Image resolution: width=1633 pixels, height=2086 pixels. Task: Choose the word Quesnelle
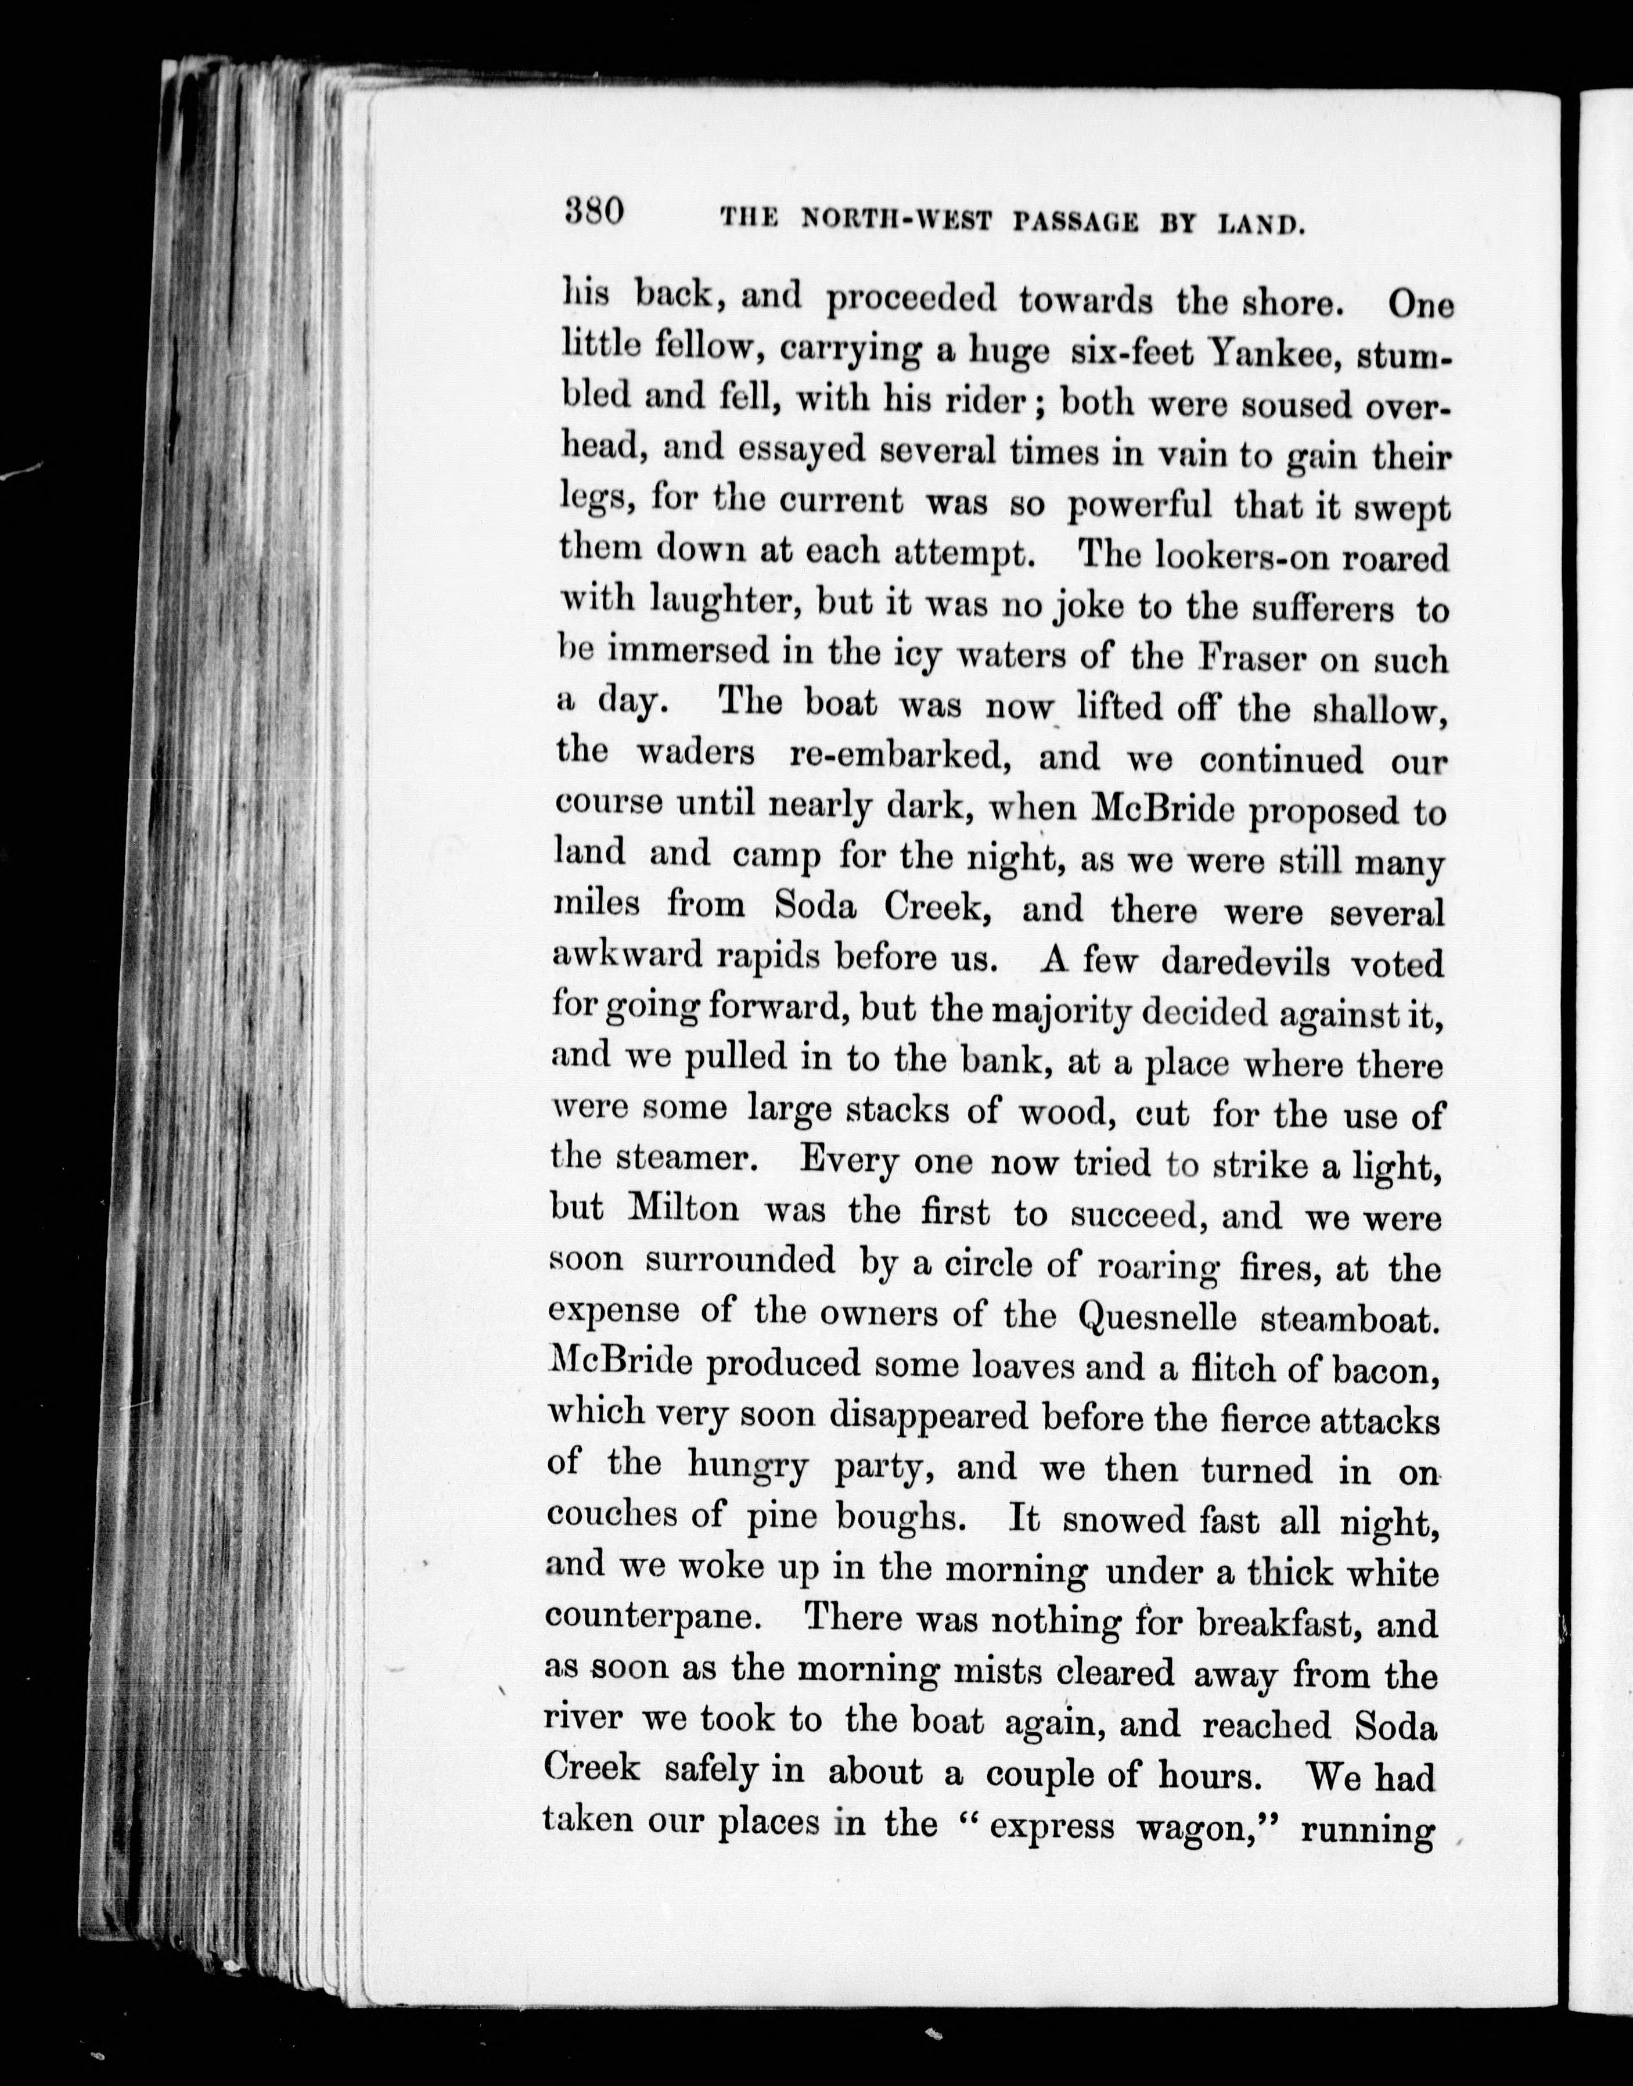(1157, 1317)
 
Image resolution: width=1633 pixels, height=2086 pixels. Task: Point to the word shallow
(1377, 708)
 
